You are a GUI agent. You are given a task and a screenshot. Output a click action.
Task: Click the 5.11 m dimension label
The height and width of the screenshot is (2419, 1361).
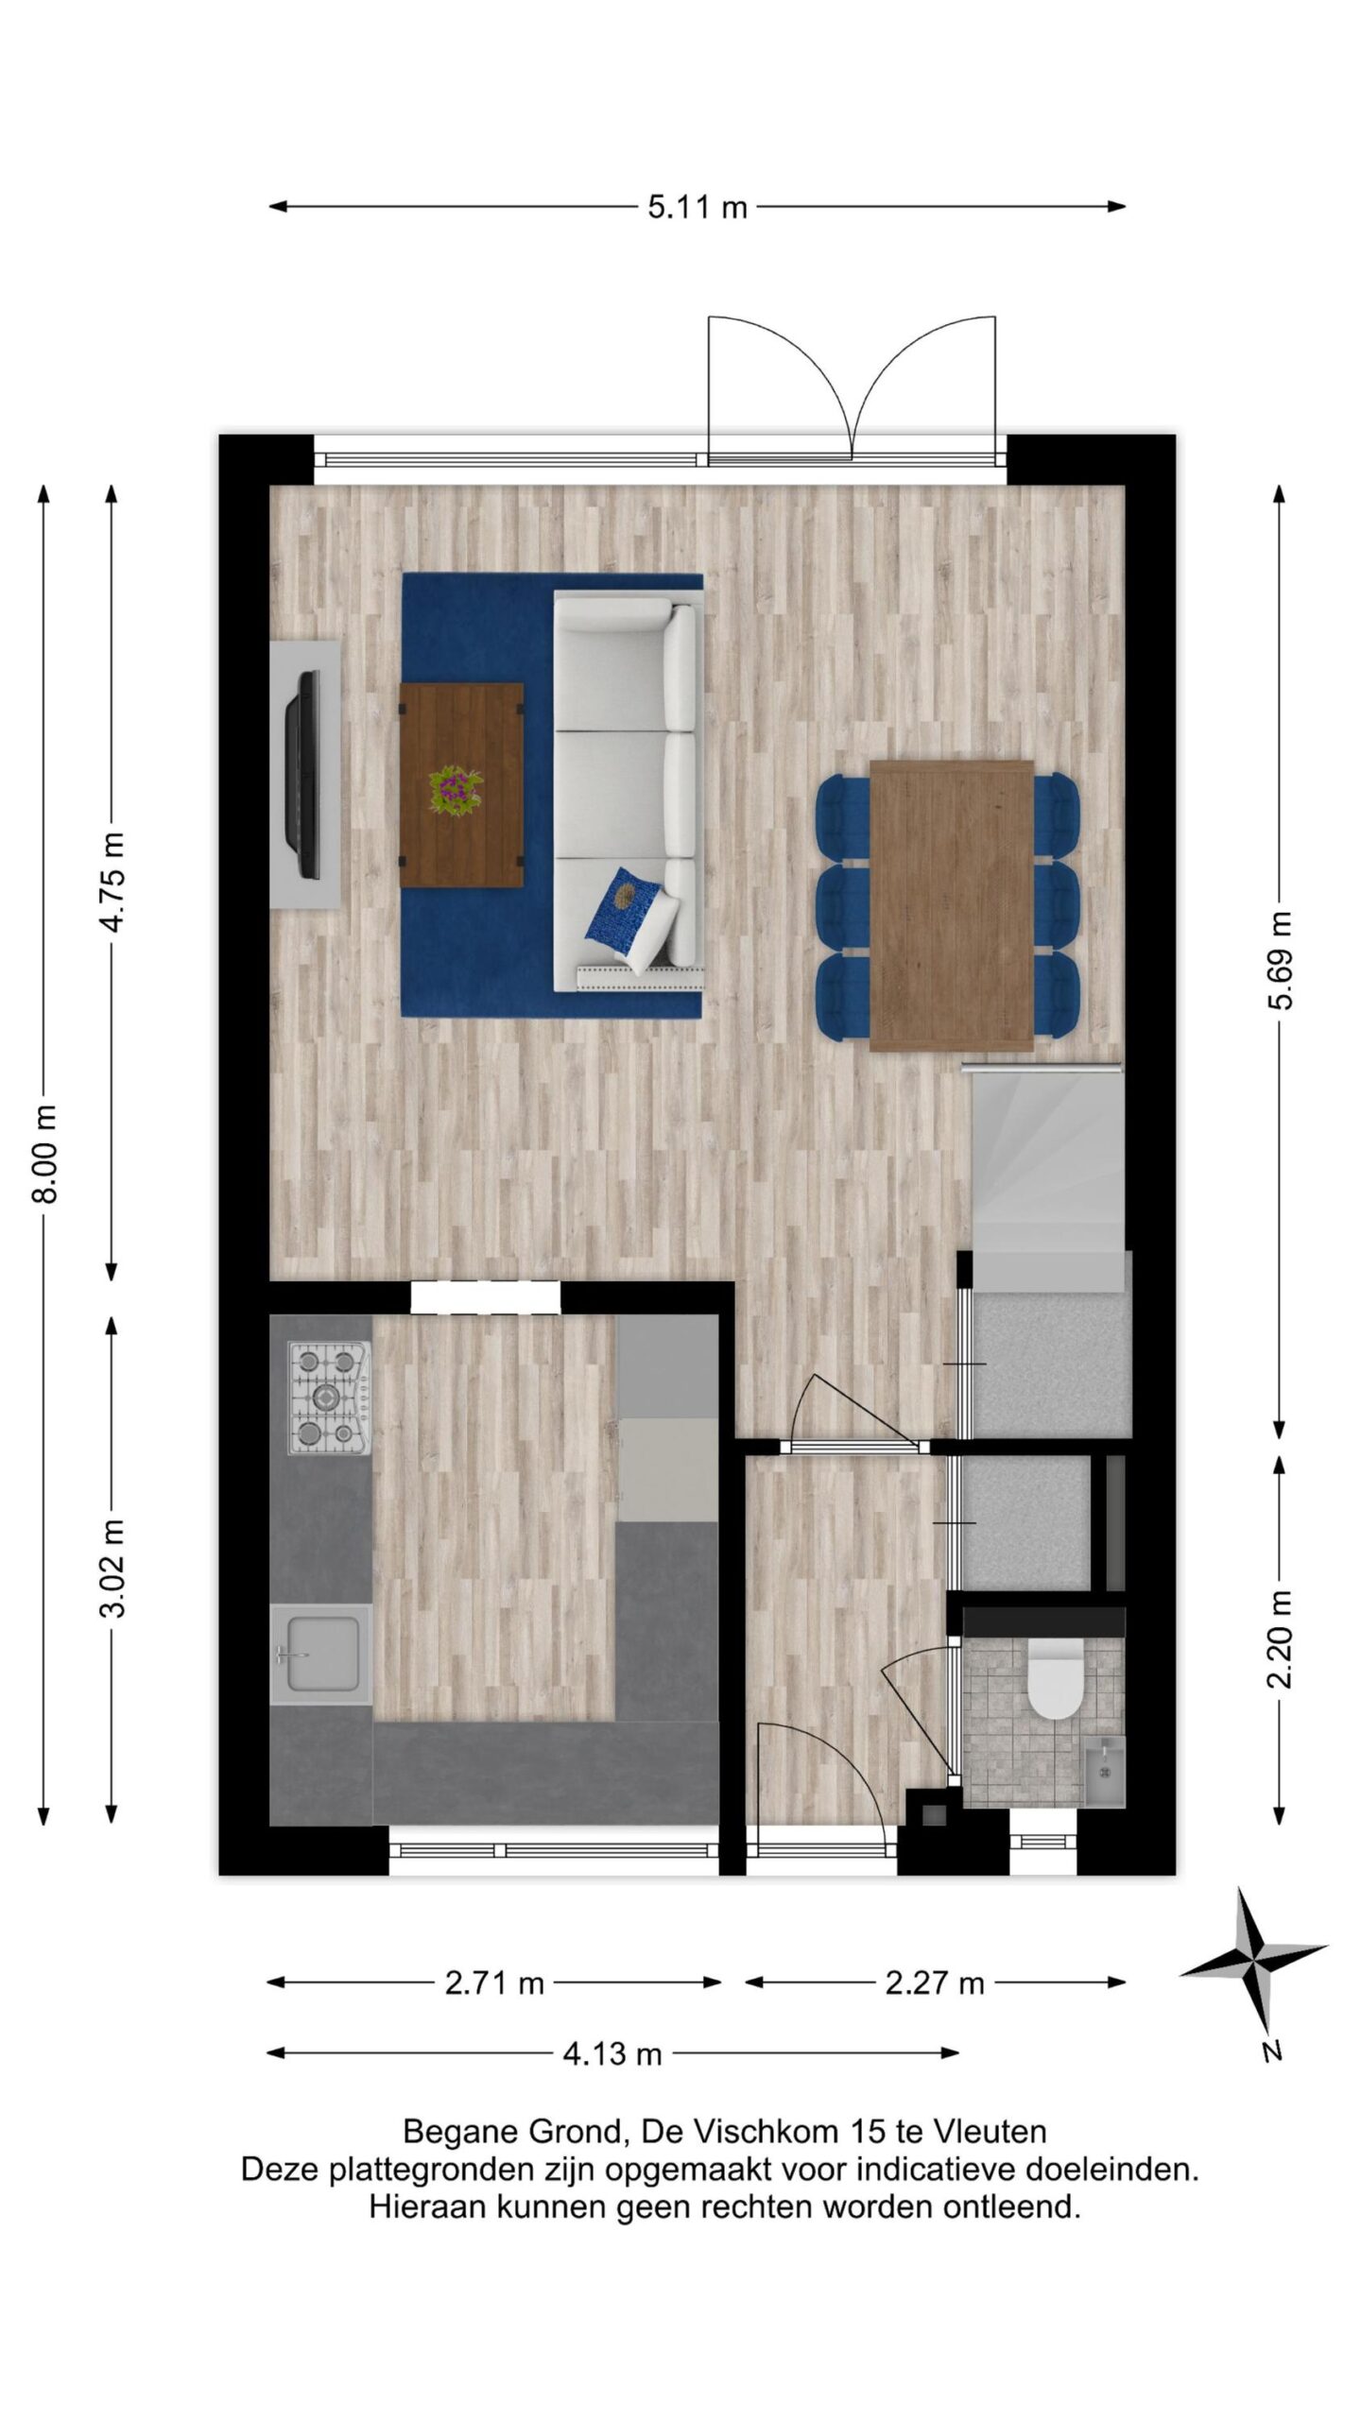tap(697, 207)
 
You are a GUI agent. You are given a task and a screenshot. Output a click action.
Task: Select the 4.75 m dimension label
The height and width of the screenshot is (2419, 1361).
tap(112, 883)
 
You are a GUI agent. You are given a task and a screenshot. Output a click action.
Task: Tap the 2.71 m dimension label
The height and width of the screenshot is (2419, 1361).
tap(494, 1975)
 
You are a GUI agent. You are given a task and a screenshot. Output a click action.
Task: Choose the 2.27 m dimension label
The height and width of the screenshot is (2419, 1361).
tap(935, 1975)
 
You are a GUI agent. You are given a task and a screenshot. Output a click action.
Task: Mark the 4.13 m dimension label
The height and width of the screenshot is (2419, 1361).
tap(612, 2046)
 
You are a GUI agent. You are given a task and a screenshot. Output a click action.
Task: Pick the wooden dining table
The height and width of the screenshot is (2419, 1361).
tap(951, 905)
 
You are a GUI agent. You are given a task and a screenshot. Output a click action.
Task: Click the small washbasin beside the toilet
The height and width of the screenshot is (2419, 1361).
tap(1103, 1770)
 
